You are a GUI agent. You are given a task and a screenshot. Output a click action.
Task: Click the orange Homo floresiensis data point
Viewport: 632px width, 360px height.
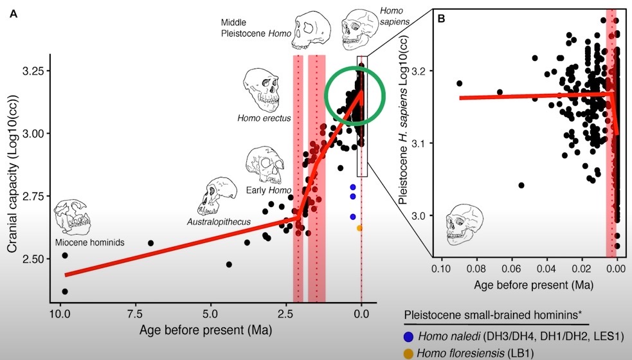pos(359,228)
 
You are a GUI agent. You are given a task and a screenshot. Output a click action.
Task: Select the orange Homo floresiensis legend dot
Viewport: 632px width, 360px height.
pos(409,353)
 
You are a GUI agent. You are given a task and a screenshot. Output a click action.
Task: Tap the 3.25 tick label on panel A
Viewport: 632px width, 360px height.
pos(33,70)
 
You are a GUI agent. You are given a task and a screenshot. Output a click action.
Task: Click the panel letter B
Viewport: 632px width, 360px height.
pos(442,19)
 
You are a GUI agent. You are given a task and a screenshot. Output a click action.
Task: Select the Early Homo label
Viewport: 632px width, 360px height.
pos(268,190)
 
